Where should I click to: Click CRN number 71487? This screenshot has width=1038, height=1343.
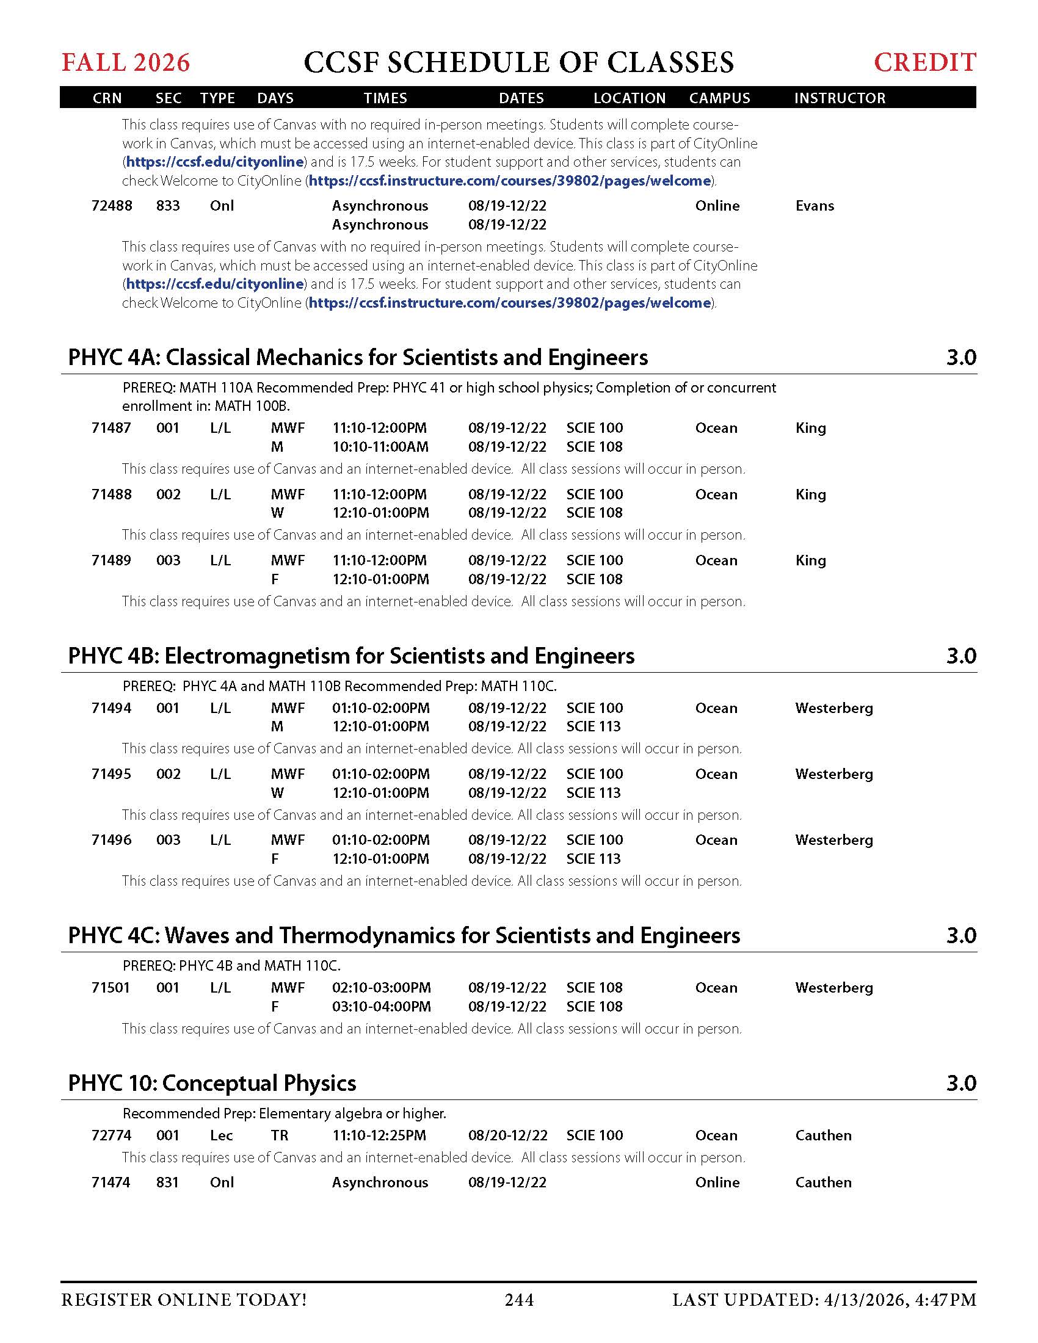tap(111, 427)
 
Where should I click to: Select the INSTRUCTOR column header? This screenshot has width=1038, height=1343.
tap(840, 98)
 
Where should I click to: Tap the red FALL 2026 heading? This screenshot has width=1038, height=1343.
tap(126, 63)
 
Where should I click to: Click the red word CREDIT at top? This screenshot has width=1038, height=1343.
tap(925, 63)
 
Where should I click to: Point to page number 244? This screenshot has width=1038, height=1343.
tap(519, 1299)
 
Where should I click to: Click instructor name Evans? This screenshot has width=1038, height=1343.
tap(814, 205)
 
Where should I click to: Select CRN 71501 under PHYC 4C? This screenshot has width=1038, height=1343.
tap(111, 988)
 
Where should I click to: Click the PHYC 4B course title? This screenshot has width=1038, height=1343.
tap(351, 656)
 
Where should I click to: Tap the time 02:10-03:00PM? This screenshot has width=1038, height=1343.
tap(381, 988)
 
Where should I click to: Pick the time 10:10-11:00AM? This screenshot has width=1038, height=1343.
tap(380, 446)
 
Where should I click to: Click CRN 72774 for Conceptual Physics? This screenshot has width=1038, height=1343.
tap(111, 1135)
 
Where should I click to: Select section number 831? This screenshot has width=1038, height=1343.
tap(167, 1182)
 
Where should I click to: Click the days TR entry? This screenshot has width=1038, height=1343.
tap(280, 1135)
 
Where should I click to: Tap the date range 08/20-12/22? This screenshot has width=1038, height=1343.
tap(507, 1135)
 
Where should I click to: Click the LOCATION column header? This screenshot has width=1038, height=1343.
tap(629, 98)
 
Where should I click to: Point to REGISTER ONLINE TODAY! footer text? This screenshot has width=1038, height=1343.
tap(184, 1299)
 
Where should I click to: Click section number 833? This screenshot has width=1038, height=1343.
tap(168, 205)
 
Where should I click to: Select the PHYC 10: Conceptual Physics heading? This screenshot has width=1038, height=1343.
tap(212, 1083)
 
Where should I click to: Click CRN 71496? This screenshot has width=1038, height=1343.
tap(111, 839)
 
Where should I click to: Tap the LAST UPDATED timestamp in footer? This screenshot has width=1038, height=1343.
tap(824, 1299)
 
